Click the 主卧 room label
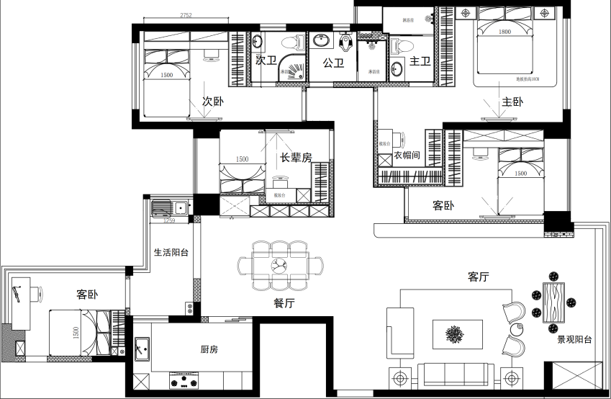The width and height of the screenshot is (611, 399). [512, 102]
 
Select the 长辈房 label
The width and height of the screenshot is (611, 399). [295, 158]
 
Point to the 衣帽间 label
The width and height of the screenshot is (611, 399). [407, 155]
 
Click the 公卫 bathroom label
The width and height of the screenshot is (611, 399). [334, 63]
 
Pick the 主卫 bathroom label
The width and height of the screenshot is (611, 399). [420, 63]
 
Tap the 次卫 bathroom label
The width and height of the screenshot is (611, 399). [266, 61]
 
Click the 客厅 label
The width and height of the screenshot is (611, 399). [479, 277]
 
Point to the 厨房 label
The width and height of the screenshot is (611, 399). [209, 349]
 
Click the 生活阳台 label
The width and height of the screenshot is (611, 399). [171, 253]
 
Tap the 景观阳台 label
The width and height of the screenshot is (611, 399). [574, 339]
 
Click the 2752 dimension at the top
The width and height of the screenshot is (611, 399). [186, 15]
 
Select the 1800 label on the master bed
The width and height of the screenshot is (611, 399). [504, 32]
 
